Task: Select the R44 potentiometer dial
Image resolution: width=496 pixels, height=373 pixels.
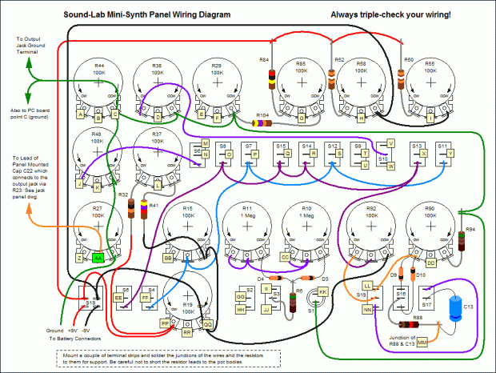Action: coord(99,83)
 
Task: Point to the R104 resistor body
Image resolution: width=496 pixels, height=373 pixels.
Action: coord(261,123)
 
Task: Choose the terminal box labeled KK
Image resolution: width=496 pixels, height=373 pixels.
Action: coord(323,292)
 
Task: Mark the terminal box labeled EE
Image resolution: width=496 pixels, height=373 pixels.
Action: coord(119,297)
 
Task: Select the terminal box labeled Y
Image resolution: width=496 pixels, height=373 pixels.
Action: coord(449,153)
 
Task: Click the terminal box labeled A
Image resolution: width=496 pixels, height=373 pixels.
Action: coord(80,114)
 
